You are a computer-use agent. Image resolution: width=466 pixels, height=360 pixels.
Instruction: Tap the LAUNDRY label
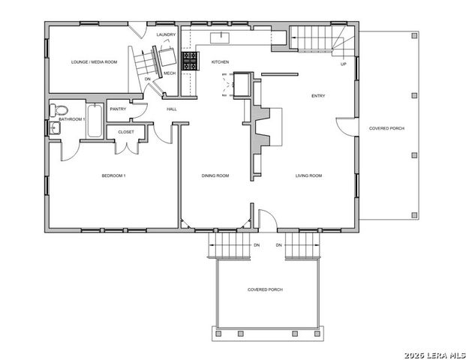[x=166, y=35]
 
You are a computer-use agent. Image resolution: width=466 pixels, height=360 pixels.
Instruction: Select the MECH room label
[x=170, y=73]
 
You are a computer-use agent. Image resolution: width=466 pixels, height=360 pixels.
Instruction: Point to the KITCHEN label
[x=220, y=61]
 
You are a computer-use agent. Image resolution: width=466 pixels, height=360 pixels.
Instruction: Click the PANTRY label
[x=118, y=109]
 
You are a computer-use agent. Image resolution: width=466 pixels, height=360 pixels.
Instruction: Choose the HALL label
[x=171, y=109]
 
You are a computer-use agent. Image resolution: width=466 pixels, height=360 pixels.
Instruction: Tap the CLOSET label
[x=125, y=131]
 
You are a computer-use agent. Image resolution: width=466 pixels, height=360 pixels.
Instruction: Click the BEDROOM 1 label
[x=113, y=175]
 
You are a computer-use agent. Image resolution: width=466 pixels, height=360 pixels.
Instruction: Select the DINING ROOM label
[x=215, y=175]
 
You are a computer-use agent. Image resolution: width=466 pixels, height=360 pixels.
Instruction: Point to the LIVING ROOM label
[x=308, y=175]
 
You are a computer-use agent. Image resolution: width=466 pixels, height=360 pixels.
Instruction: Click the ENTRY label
[x=319, y=96]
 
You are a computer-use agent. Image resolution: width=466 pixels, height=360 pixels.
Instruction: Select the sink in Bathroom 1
[x=54, y=128]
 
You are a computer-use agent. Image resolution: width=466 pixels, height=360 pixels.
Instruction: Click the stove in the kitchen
[x=189, y=62]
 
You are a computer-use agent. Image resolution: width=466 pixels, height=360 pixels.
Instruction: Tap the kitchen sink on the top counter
[x=222, y=36]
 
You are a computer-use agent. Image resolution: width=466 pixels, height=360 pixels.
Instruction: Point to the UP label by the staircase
[x=344, y=64]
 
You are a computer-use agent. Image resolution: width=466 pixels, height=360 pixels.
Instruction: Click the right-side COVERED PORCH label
[x=386, y=128]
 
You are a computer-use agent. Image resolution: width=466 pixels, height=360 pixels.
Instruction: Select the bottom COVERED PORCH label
[x=265, y=289]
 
